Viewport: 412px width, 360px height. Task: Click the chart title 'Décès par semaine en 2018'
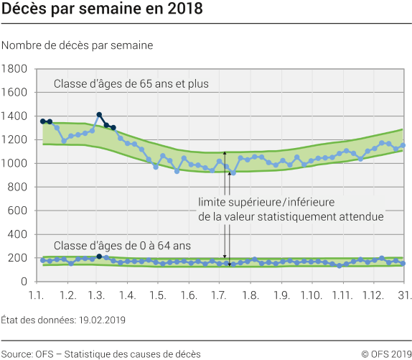pyautogui.click(x=102, y=10)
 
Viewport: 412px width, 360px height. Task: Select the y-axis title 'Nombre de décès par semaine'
pyautogui.click(x=77, y=45)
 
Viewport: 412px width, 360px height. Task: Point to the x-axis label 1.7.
pyautogui.click(x=219, y=296)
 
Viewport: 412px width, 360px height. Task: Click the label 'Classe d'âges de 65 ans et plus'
pyautogui.click(x=131, y=84)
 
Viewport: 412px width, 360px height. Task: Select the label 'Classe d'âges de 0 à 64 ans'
pyautogui.click(x=122, y=245)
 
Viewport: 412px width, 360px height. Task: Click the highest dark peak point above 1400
pyautogui.click(x=99, y=115)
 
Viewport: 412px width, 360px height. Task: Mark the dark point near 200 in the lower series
pyautogui.click(x=99, y=256)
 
